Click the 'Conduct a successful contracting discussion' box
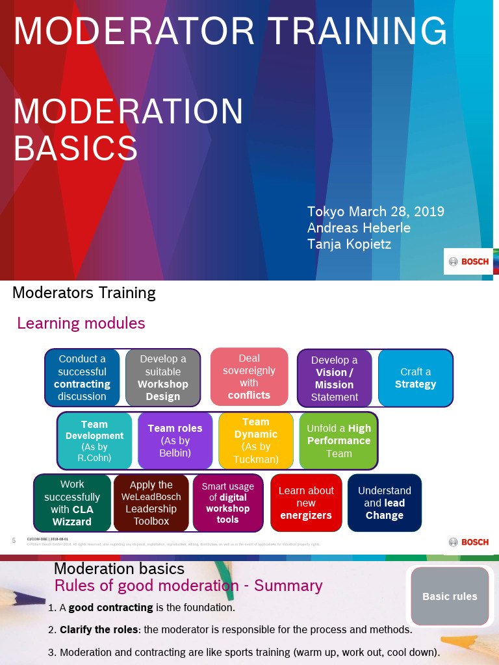click(82, 377)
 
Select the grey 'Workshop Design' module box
click(162, 377)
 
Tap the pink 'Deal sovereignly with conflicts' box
click(249, 376)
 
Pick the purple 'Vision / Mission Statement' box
click(335, 378)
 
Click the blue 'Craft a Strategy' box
click(415, 378)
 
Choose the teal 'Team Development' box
click(94, 440)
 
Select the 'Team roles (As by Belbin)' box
click(175, 440)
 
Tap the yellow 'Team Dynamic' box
click(255, 440)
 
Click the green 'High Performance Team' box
click(339, 440)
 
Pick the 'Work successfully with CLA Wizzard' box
click(72, 503)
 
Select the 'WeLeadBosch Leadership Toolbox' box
click(151, 503)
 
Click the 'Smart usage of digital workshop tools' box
click(227, 503)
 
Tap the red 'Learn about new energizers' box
click(306, 503)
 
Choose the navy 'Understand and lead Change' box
click(385, 503)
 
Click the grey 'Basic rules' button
click(450, 596)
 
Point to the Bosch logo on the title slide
click(468, 262)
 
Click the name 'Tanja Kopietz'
click(349, 244)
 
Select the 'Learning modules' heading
click(81, 323)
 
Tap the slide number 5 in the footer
click(14, 540)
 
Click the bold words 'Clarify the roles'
click(99, 629)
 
